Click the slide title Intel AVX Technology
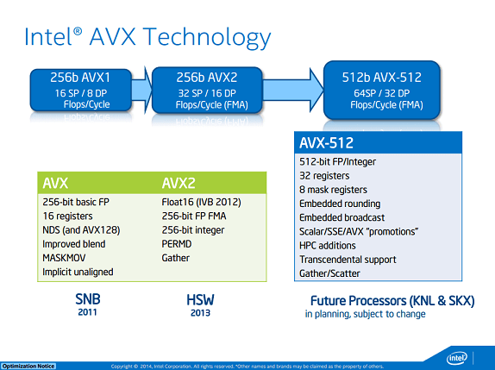147,37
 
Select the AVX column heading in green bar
58,183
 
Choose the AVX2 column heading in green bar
179,183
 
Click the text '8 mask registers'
333,189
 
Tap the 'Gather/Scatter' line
330,273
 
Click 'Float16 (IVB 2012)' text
201,202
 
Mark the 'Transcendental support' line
348,259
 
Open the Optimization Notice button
28,366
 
